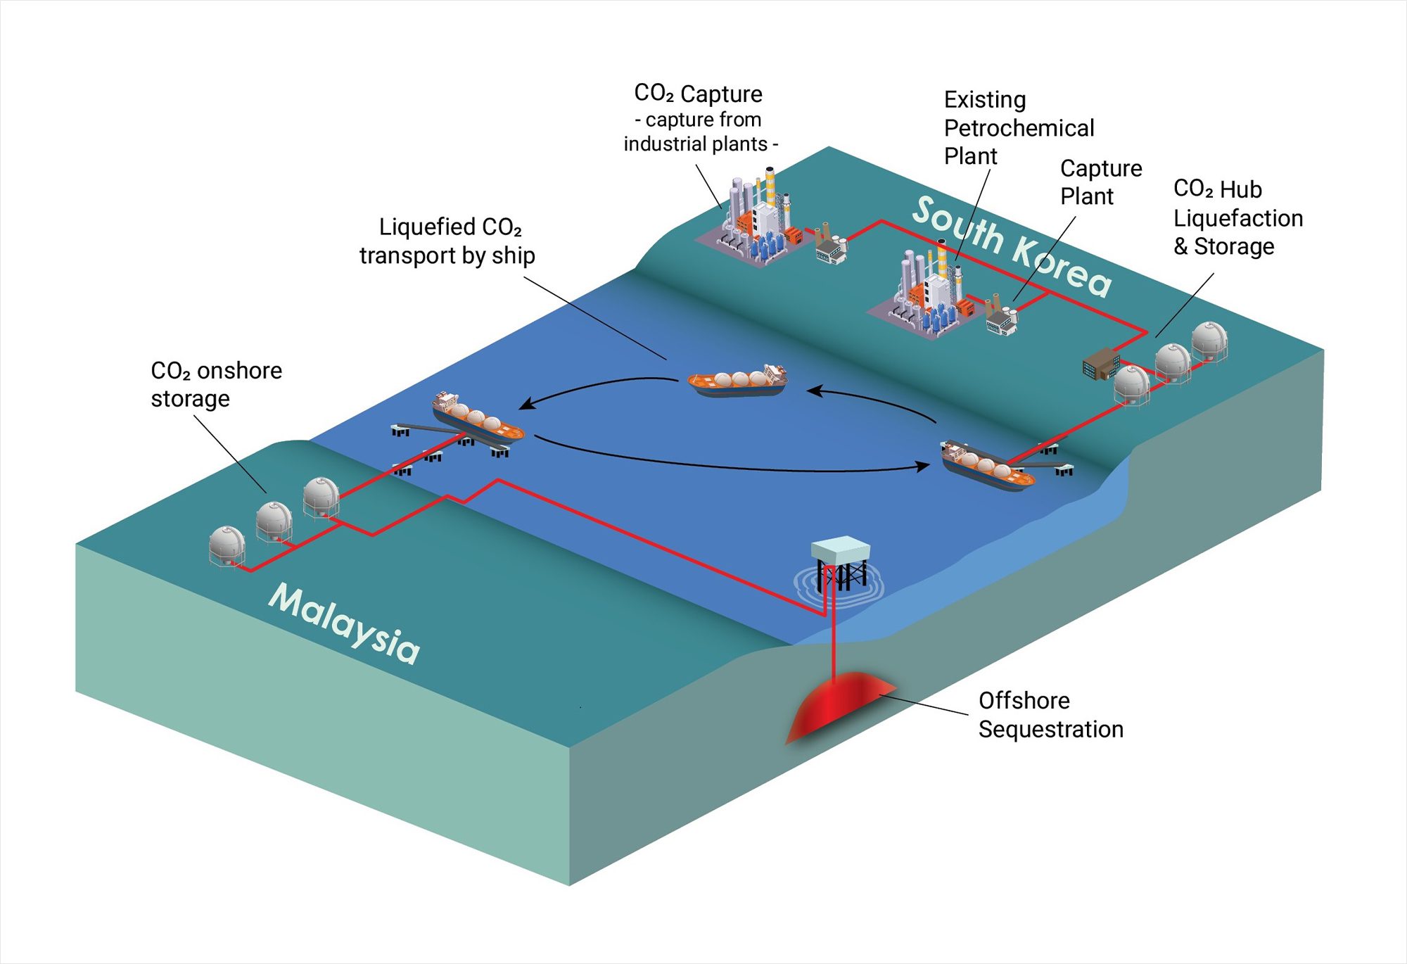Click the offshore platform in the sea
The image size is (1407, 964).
(x=840, y=563)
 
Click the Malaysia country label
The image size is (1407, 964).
(x=345, y=623)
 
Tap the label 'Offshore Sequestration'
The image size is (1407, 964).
(x=1050, y=715)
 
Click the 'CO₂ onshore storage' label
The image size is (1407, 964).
(x=216, y=384)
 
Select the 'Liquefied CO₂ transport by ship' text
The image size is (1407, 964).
(x=447, y=241)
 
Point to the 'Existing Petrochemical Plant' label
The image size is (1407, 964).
(x=1018, y=127)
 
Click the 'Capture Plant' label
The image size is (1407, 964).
(x=1100, y=182)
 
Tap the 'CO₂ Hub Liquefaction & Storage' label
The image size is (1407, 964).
(x=1237, y=217)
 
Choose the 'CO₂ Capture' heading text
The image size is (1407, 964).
(x=698, y=94)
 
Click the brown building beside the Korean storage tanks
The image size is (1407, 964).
(x=1100, y=363)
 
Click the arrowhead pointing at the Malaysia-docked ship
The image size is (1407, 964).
(x=524, y=404)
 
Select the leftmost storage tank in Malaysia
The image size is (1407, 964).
(x=227, y=545)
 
